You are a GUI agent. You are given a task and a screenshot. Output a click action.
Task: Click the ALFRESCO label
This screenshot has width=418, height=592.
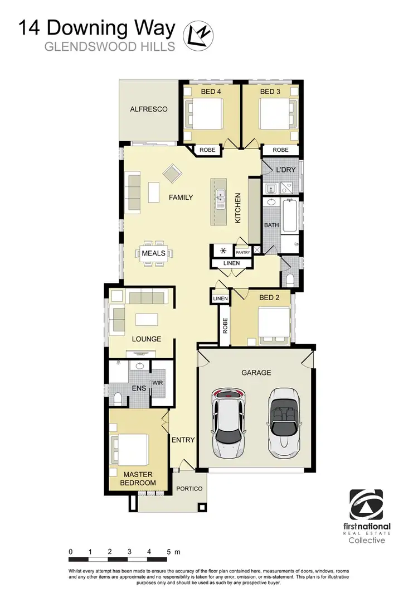(149, 109)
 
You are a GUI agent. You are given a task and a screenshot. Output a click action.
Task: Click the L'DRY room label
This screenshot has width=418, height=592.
(277, 169)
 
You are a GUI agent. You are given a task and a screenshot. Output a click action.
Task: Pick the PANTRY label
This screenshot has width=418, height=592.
(243, 252)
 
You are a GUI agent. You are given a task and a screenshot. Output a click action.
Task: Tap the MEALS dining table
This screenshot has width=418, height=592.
(154, 253)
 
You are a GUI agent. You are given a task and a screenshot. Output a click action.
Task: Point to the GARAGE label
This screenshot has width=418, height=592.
(256, 373)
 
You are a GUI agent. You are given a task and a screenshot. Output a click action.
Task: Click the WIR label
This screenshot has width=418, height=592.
(157, 383)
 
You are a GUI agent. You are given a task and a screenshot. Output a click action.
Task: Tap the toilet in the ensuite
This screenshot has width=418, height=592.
(118, 397)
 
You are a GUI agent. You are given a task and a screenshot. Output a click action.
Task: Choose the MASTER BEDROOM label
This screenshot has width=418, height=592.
(139, 478)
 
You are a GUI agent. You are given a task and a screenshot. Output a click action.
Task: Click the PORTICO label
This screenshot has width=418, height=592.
(189, 489)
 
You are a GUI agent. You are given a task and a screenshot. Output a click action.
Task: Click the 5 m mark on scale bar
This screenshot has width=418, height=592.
(169, 551)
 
